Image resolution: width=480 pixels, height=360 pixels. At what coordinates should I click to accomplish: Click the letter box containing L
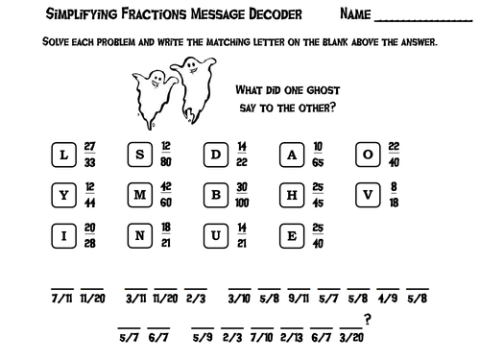click(x=63, y=156)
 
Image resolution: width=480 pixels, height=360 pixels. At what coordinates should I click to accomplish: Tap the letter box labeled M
click(x=140, y=195)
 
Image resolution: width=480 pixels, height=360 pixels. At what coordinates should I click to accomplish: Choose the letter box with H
click(x=293, y=195)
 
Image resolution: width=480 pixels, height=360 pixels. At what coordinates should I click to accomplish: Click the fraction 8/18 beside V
click(x=396, y=195)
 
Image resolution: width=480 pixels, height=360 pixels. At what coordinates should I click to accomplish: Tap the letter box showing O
click(x=368, y=156)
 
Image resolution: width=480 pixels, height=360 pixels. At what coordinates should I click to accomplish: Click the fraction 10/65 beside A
click(x=318, y=154)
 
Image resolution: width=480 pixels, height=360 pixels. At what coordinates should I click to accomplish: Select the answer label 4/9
click(x=387, y=299)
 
